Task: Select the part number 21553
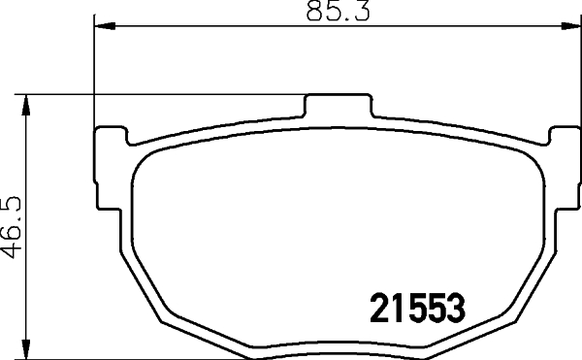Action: tap(419, 310)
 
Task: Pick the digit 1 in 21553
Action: tap(400, 310)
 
